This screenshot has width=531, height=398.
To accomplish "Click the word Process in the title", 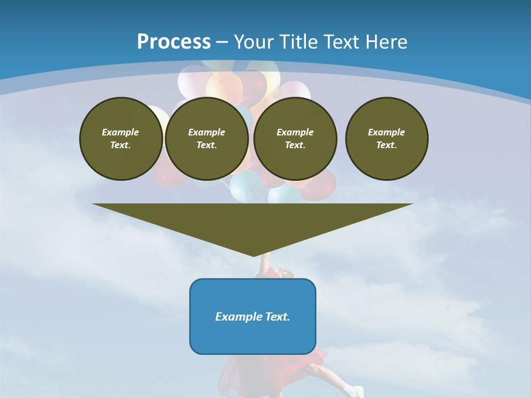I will [x=174, y=42].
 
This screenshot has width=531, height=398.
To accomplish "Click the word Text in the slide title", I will [x=342, y=42].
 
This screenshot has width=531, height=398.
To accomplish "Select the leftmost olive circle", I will [x=121, y=139].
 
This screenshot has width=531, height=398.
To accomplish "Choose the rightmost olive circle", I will [x=387, y=139].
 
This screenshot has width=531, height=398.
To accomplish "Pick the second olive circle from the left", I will [x=207, y=139].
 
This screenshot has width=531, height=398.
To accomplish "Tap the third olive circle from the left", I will [x=295, y=139].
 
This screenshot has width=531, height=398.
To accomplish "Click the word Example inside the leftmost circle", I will [x=121, y=132].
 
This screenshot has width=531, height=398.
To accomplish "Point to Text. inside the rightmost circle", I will [x=387, y=145].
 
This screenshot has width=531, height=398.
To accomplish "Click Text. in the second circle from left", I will [x=207, y=145].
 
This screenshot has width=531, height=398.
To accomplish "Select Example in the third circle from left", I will [x=295, y=132].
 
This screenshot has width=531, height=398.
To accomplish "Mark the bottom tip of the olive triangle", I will [x=253, y=255].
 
